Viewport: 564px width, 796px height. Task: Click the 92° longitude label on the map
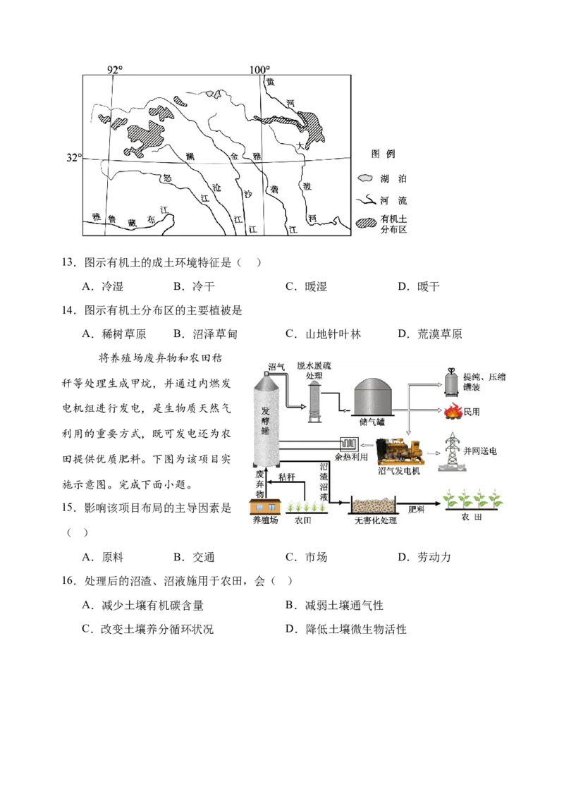[115, 70]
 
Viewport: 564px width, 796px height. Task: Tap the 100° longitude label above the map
[259, 70]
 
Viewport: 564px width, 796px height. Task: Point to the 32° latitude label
[73, 157]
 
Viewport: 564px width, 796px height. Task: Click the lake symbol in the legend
[365, 178]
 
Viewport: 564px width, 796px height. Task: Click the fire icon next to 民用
[453, 411]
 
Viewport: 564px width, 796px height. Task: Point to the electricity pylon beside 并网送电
[452, 452]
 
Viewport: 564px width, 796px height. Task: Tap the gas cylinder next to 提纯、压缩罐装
[452, 382]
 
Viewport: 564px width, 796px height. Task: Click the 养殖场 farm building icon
[265, 506]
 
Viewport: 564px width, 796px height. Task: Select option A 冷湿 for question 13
[102, 286]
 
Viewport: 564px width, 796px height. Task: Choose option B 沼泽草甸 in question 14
[205, 334]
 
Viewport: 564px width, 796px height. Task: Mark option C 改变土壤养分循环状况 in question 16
[148, 629]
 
